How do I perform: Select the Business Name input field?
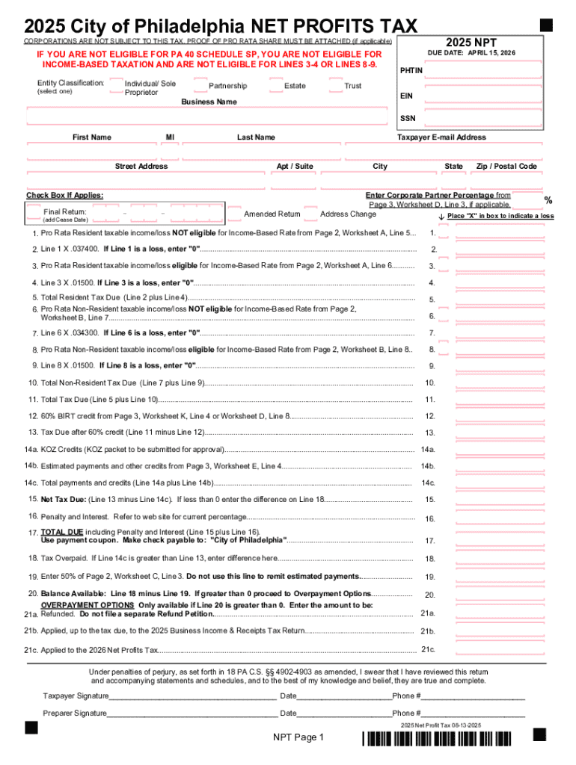[209, 114]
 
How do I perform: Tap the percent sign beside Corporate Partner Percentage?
[548, 200]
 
